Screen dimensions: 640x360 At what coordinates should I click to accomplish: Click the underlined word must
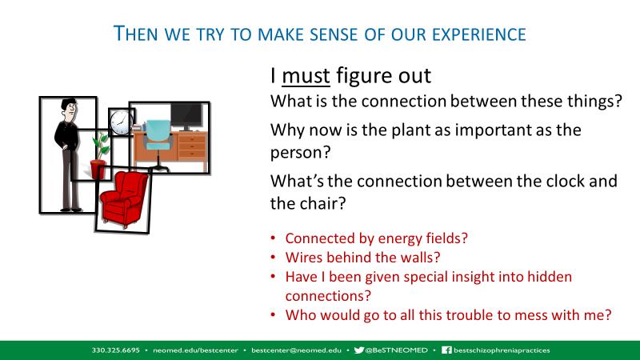[306, 76]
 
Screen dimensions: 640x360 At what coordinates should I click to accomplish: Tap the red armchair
[124, 198]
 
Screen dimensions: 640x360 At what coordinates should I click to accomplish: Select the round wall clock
[119, 122]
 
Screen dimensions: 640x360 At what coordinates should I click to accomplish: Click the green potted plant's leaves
[102, 145]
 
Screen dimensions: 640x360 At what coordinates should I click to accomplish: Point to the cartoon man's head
[70, 110]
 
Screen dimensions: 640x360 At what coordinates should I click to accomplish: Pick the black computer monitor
[186, 116]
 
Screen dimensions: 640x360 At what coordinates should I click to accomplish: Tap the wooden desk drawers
[192, 146]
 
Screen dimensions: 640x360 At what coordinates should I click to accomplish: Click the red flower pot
[98, 170]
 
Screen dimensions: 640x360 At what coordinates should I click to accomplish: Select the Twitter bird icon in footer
[358, 350]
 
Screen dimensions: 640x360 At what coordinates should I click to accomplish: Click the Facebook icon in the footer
[446, 350]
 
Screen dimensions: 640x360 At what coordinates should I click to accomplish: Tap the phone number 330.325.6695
[115, 350]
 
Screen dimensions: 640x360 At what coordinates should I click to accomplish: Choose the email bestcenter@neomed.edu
[296, 350]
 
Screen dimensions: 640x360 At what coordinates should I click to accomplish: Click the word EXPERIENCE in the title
[479, 34]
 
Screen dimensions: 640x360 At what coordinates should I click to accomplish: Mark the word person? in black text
[301, 153]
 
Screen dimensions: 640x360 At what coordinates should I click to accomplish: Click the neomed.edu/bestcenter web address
[195, 350]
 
